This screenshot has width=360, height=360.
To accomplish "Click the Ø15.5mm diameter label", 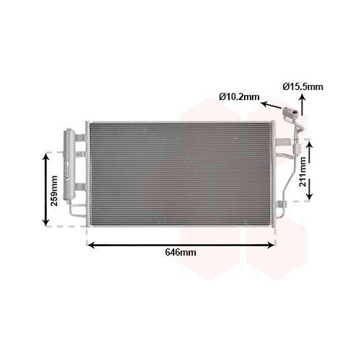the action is tap(303, 86).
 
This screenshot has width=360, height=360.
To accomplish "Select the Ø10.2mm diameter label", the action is tap(239, 96).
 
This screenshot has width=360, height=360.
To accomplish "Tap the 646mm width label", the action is tap(181, 252).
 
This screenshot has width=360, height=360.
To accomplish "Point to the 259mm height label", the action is tap(54, 191).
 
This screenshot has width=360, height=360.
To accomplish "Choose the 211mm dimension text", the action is tap(302, 171).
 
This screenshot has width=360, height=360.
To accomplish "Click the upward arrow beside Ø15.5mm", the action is tap(302, 104).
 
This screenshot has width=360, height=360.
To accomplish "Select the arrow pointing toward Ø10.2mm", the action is tap(271, 106).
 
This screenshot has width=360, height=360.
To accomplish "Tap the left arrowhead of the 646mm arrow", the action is tap(91, 245).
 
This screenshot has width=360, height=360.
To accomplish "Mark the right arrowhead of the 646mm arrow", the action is tap(271, 245).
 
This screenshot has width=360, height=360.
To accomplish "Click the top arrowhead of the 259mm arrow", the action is tap(45, 157).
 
